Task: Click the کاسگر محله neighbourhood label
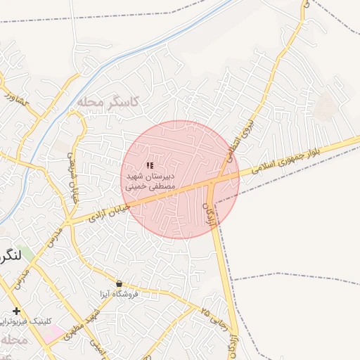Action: click(x=108, y=102)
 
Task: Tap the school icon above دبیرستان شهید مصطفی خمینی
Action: click(x=149, y=165)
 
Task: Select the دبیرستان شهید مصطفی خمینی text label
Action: click(x=148, y=181)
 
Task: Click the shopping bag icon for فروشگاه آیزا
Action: click(x=118, y=283)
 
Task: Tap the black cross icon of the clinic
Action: click(x=16, y=311)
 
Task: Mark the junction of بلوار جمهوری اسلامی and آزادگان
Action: click(x=212, y=184)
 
